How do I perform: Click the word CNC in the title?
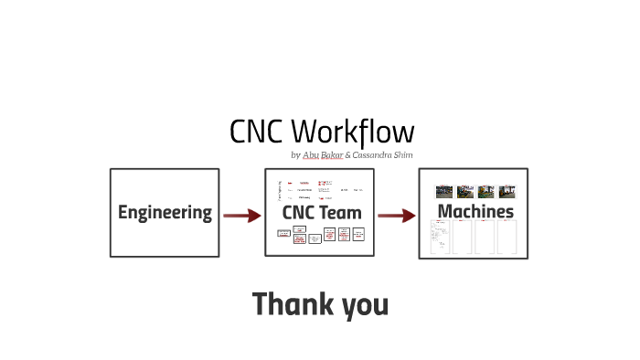[x=255, y=132]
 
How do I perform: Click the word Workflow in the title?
[x=352, y=132]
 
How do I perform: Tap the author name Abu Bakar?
[x=323, y=155]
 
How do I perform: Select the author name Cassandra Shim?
[x=382, y=155]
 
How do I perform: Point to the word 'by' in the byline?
[x=295, y=156]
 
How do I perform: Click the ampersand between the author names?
[x=347, y=155]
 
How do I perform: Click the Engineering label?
[x=165, y=213]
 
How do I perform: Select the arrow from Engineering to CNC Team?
[x=241, y=216]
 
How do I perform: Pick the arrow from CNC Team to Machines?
[x=396, y=216]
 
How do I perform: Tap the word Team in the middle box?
[x=339, y=213]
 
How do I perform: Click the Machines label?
[x=475, y=212]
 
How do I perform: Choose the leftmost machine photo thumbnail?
[x=444, y=192]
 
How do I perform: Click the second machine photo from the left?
[x=465, y=192]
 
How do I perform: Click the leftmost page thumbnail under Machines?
[x=443, y=238]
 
